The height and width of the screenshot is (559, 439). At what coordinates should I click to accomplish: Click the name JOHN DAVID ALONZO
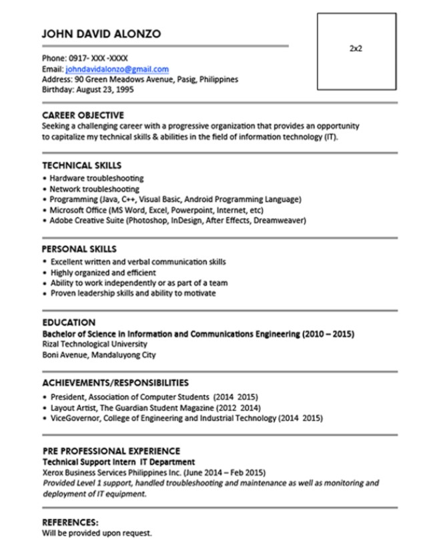point(101,33)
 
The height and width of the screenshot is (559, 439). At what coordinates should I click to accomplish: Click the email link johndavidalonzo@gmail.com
point(117,69)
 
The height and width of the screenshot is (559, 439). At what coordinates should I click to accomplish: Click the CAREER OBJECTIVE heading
point(83,115)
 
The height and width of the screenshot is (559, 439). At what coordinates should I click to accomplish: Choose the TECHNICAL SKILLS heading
point(81,165)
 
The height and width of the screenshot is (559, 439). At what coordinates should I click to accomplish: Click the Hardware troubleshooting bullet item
point(96,179)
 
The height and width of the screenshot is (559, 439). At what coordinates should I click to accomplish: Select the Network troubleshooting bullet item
point(94,189)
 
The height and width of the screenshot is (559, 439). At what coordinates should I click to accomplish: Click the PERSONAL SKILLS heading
point(79,249)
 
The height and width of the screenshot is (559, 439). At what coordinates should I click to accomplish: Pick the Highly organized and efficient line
point(103,273)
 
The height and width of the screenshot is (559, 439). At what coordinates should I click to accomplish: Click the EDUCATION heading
point(69,322)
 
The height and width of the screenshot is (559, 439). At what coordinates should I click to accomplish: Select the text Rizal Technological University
point(94,344)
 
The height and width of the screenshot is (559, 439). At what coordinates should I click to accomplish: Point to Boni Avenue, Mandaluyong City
point(99,355)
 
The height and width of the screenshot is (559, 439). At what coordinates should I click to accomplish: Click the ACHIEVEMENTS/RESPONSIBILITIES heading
point(115,383)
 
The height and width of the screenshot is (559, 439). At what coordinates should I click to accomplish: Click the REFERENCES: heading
point(70,523)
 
